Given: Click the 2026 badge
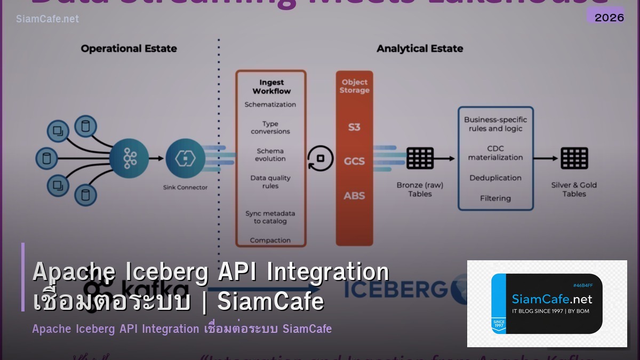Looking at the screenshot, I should click(609, 17).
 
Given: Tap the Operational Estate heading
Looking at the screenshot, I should click(129, 49).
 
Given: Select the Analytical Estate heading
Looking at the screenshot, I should click(420, 49).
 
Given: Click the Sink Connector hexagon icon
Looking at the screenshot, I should click(185, 158).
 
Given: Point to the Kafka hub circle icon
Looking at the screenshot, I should click(129, 158).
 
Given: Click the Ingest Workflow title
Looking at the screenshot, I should click(271, 86).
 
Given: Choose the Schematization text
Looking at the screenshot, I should click(270, 105).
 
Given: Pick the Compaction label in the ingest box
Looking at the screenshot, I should click(270, 241).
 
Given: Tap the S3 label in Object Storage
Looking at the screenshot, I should click(354, 127).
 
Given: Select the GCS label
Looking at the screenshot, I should click(354, 161).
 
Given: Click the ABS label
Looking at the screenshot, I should click(354, 196).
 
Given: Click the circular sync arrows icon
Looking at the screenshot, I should click(321, 158).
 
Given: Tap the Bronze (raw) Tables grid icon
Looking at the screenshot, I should click(420, 158).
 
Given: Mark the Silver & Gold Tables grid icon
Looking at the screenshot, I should click(574, 158).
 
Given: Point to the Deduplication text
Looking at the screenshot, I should click(495, 178).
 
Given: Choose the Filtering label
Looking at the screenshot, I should click(495, 198).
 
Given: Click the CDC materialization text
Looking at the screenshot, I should click(495, 153).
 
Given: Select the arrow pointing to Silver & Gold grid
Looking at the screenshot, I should click(546, 158).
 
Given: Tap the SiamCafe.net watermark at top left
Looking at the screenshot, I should click(47, 19).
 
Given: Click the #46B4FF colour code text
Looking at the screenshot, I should click(582, 285).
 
